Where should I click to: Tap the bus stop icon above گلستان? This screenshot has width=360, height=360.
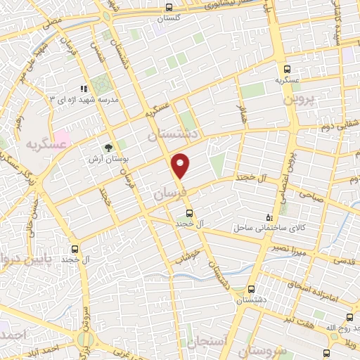pyautogui.click(x=168, y=7)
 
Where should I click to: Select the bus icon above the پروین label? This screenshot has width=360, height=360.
pyautogui.click(x=287, y=69)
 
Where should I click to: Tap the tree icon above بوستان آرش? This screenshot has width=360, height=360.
pyautogui.click(x=108, y=148)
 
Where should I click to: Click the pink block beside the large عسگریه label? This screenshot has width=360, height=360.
pyautogui.click(x=63, y=134)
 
